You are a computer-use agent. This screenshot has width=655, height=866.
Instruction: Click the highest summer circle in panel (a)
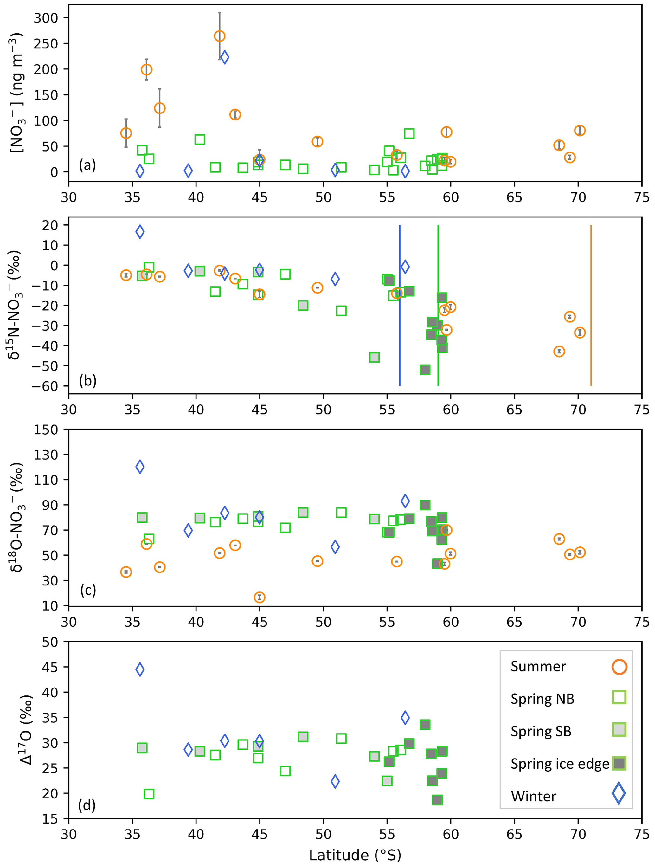point(220,36)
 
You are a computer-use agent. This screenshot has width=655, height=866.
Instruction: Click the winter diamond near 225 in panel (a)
point(224,57)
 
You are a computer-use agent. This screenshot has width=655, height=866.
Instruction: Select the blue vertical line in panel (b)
point(400,305)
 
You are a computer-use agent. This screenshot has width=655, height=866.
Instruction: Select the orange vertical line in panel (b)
point(590,305)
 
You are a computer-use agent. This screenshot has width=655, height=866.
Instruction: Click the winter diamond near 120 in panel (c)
point(140,467)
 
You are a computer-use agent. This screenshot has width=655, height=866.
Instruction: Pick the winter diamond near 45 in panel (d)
point(140,669)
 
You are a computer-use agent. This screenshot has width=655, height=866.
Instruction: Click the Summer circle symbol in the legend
point(619,666)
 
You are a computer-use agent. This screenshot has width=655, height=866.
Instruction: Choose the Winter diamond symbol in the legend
point(619,793)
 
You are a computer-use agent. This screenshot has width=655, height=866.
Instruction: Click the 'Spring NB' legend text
point(542,699)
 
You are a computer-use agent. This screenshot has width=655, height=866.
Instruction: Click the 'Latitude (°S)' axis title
point(355,855)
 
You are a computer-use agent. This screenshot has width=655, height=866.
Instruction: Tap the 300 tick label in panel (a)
point(46,18)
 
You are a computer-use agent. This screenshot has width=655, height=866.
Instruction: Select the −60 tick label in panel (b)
point(45,386)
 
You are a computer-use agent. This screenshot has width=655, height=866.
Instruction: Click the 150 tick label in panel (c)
point(46,430)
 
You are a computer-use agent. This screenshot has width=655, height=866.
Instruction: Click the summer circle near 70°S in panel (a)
point(580,130)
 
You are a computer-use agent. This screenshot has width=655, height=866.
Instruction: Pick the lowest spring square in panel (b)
point(425,370)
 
